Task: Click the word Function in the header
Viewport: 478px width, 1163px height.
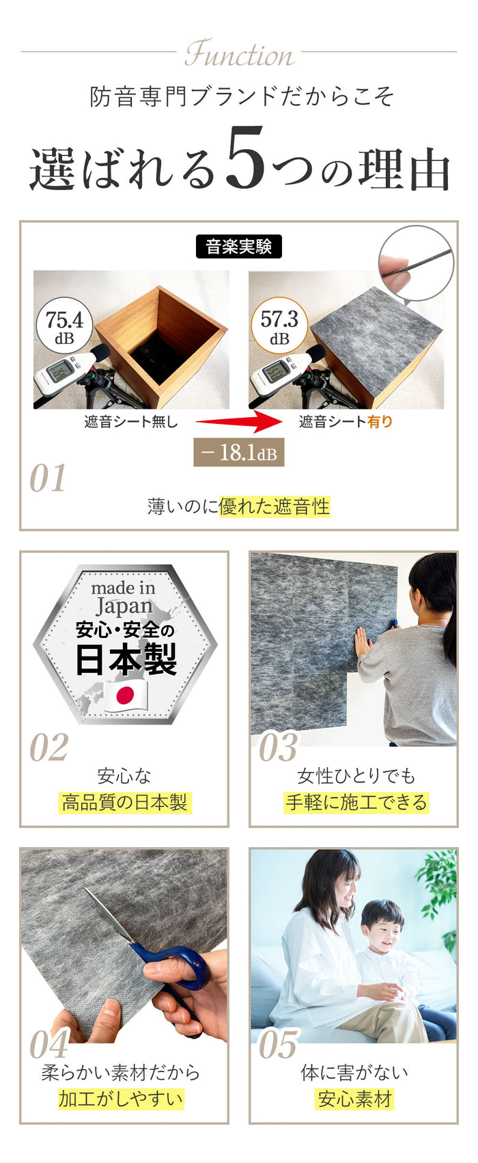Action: tap(240, 54)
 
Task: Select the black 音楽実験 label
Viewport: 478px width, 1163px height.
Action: tap(239, 247)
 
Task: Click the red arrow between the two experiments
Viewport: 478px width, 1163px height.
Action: tap(238, 421)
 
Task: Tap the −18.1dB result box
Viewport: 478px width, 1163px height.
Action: tap(238, 452)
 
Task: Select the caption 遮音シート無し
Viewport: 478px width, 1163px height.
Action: tap(131, 422)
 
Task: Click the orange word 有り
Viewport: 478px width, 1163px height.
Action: tap(380, 422)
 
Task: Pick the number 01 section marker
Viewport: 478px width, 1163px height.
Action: tap(48, 478)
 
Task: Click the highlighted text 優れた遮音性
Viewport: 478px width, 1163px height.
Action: tap(275, 506)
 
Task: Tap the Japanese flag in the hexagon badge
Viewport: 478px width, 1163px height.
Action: tap(126, 695)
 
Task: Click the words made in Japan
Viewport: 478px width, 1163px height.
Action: tap(123, 598)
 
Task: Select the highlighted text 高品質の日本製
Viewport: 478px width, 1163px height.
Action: tap(124, 802)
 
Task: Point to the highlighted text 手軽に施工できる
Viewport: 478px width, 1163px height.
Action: tap(356, 802)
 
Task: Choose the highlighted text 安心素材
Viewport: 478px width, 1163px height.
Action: tap(354, 1099)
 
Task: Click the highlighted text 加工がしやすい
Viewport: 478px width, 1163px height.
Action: tap(121, 1099)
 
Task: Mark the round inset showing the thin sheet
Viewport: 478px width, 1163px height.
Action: tap(417, 263)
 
